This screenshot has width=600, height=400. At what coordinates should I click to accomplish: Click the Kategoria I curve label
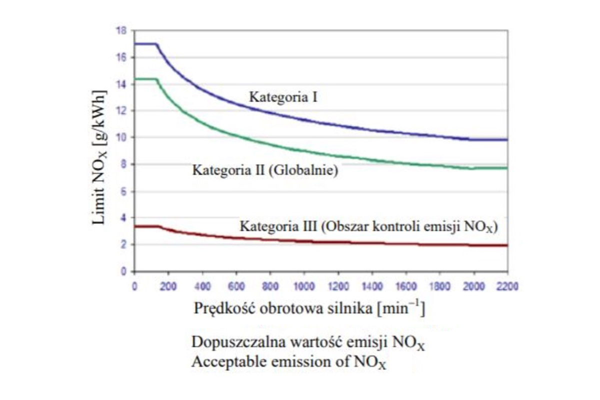[x=284, y=97]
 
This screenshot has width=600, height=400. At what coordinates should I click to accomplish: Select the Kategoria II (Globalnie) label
[x=265, y=170]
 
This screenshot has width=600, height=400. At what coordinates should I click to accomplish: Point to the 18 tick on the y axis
[x=121, y=30]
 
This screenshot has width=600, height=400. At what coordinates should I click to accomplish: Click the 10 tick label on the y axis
[x=121, y=137]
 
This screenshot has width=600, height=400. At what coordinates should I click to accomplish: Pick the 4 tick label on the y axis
[x=123, y=218]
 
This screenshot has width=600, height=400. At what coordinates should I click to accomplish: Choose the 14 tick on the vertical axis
[x=121, y=84]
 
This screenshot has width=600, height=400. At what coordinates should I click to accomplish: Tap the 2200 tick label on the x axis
[x=507, y=286]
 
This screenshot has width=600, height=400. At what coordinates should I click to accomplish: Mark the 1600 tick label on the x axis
[x=405, y=286]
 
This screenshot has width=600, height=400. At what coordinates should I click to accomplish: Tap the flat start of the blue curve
[x=146, y=44]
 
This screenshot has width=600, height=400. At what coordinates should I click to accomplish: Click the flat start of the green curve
[x=146, y=79]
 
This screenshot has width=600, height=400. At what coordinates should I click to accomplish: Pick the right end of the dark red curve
[x=506, y=245]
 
